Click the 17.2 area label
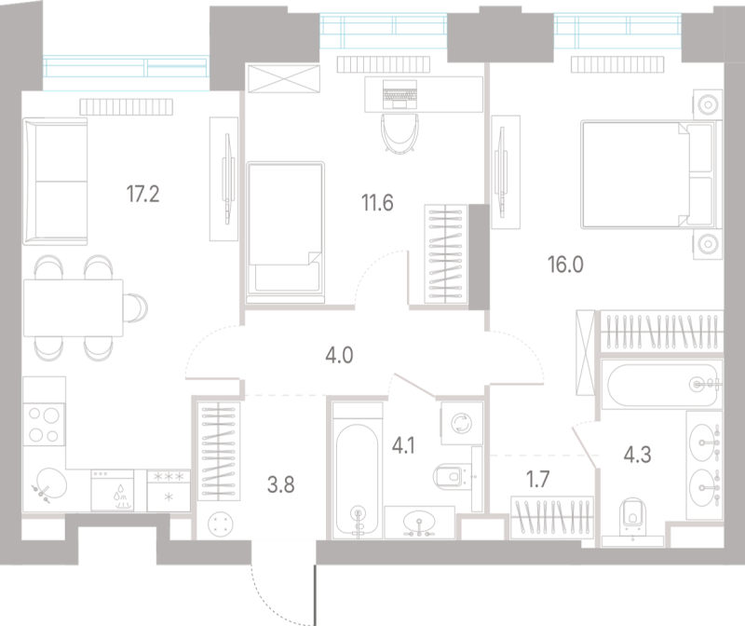(x=142, y=194)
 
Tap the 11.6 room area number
(x=377, y=203)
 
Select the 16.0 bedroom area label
(x=565, y=265)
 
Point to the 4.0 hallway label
(x=339, y=356)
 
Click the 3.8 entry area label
(x=281, y=484)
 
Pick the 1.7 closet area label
(x=538, y=480)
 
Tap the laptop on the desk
(x=400, y=94)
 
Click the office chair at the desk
(x=400, y=133)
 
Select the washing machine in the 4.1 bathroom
(x=461, y=423)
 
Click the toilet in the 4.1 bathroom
(x=451, y=476)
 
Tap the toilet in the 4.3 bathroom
(x=633, y=516)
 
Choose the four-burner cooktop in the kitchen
(x=44, y=425)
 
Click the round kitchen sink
(x=51, y=483)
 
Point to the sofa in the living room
(x=56, y=182)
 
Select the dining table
(x=74, y=307)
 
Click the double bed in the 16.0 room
(x=648, y=174)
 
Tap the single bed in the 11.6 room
(x=285, y=232)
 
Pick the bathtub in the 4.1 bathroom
(x=358, y=470)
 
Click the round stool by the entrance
(x=221, y=524)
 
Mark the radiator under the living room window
(x=127, y=107)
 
